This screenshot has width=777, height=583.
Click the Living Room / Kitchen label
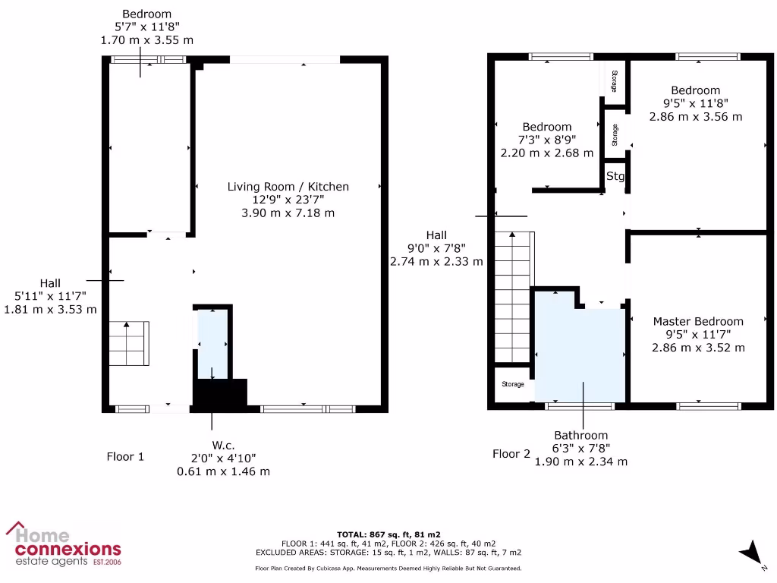pyautogui.click(x=288, y=187)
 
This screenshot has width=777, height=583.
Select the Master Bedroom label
pyautogui.click(x=698, y=321)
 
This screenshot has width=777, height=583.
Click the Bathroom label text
pyautogui.click(x=580, y=436)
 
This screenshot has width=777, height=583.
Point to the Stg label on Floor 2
pyautogui.click(x=615, y=177)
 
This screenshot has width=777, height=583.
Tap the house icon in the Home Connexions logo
pyautogui.click(x=17, y=529)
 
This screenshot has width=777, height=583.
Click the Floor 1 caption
pyautogui.click(x=125, y=457)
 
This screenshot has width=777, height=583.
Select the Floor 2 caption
pyautogui.click(x=511, y=454)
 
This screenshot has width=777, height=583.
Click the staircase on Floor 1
pyautogui.click(x=128, y=344)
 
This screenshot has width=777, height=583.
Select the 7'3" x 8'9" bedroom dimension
pyautogui.click(x=547, y=140)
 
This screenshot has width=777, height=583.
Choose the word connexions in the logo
pyautogui.click(x=68, y=549)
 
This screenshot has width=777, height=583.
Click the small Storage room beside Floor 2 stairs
pyautogui.click(x=512, y=385)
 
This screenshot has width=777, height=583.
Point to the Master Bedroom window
pyautogui.click(x=708, y=407)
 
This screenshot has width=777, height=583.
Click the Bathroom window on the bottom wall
pyautogui.click(x=580, y=407)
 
